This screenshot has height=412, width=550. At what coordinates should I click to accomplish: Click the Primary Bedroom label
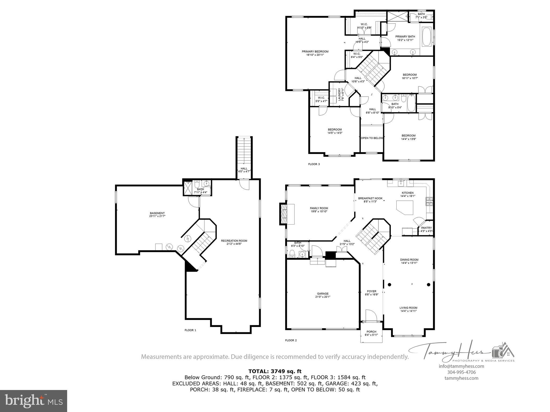tap(315, 51)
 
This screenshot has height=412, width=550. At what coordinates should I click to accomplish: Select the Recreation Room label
tap(234, 241)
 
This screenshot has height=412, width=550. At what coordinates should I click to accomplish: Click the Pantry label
tap(426, 228)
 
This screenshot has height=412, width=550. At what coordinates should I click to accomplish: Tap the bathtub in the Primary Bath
tap(427, 37)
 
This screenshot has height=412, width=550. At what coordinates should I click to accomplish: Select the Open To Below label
tap(372, 138)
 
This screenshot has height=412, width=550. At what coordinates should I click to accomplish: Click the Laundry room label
tap(339, 94)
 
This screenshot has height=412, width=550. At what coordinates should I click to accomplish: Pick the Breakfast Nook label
tap(370, 198)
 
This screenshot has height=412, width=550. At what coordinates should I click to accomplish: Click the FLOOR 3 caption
tap(314, 164)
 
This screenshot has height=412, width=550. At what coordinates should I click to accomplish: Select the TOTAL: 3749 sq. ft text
tap(275, 371)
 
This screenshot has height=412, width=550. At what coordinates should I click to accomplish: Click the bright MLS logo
tap(34, 401)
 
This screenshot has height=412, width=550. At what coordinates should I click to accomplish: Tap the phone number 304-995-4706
tap(461, 372)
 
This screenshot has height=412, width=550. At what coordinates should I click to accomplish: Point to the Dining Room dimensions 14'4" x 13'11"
tap(409, 263)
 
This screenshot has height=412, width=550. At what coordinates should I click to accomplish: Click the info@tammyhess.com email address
tap(461, 366)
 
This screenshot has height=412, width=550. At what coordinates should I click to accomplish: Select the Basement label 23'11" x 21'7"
tap(157, 216)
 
